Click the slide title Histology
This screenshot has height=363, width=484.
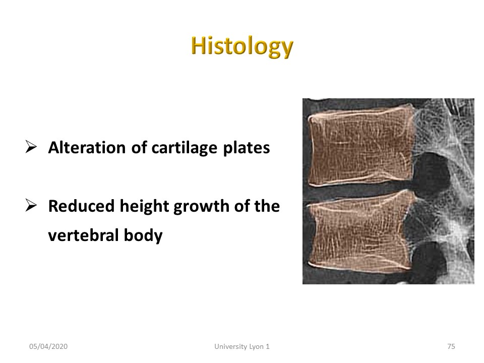tap(242, 46)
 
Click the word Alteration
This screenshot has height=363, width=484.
tap(87, 148)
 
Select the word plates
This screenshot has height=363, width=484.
tap(247, 148)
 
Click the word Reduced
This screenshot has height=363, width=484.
tap(81, 206)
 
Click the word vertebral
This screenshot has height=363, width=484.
tap(83, 235)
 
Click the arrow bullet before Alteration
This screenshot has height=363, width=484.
tap(31, 147)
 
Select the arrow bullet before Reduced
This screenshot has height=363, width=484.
tap(31, 205)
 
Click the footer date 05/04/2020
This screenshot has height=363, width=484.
tap(48, 347)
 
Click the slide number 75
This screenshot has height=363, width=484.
tap(451, 347)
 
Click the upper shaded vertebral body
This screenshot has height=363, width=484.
tap(361, 147)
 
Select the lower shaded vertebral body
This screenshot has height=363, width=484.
tap(359, 232)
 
